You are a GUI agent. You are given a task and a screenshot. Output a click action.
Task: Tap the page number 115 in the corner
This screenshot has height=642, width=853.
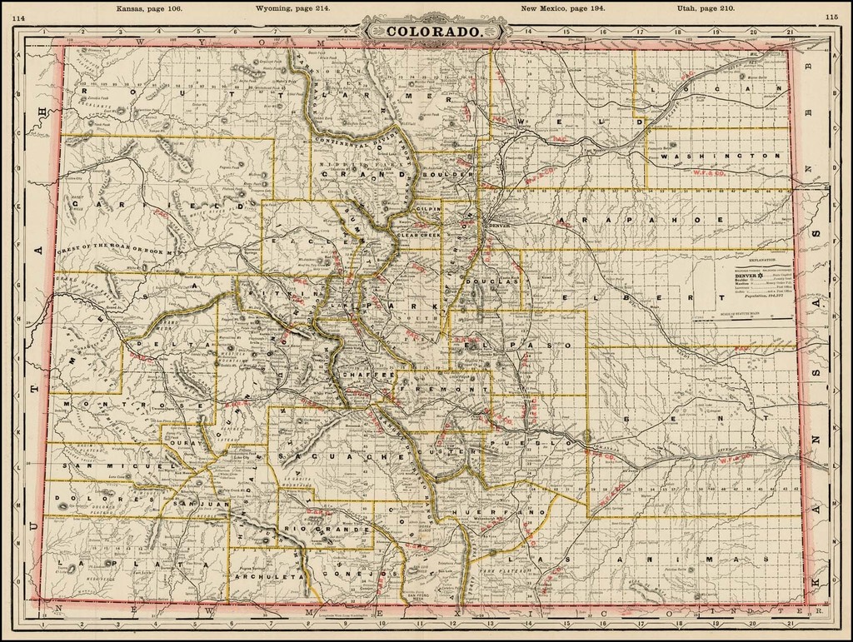830,16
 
